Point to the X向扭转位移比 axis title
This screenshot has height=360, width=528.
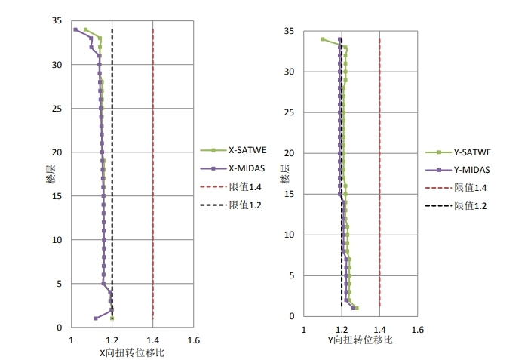pyautogui.click(x=132, y=352)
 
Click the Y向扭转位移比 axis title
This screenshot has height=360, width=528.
pyautogui.click(x=360, y=340)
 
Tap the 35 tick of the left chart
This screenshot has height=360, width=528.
pyautogui.click(x=57, y=21)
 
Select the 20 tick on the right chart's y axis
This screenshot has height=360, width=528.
pyautogui.click(x=289, y=153)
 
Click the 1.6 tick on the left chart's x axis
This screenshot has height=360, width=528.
pyautogui.click(x=193, y=340)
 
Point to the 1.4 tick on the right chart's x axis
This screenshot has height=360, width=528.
pyautogui.click(x=379, y=329)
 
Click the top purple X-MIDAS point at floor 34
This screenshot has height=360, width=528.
pyautogui.click(x=75, y=29)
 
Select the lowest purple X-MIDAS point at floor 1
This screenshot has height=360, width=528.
pyautogui.click(x=95, y=318)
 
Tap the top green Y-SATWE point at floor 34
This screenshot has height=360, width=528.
pyautogui.click(x=323, y=39)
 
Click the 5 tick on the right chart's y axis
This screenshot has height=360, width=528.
pyautogui.click(x=291, y=275)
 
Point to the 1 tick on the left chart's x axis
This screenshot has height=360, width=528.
pyautogui.click(x=72, y=340)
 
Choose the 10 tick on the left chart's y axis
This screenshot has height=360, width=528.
pyautogui.click(x=57, y=240)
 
